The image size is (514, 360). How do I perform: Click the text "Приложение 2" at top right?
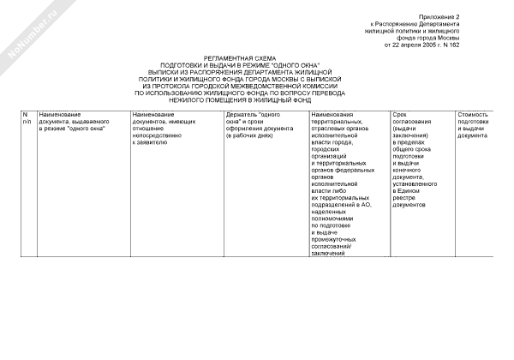click(x=439, y=16)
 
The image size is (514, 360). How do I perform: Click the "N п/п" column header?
click(x=27, y=117)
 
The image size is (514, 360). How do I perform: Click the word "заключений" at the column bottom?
click(x=328, y=253)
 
